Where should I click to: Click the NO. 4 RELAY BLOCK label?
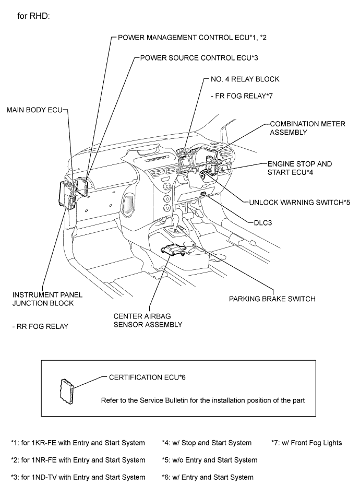[x=244, y=79]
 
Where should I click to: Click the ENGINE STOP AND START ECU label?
[x=300, y=168]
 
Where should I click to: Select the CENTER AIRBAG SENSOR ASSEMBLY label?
[x=149, y=320]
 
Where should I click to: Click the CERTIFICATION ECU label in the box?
[x=147, y=377]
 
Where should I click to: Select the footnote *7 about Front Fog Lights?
[x=307, y=443]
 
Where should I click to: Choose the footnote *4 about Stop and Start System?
[x=207, y=443]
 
